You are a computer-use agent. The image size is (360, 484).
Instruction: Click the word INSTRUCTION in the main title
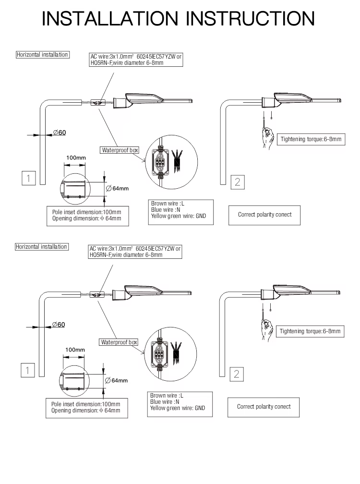pyautogui.click(x=250, y=19)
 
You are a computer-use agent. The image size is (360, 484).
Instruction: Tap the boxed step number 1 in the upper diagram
pyautogui.click(x=29, y=178)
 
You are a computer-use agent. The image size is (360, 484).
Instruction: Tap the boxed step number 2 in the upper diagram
pyautogui.click(x=238, y=182)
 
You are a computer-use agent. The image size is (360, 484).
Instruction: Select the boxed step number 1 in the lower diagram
pyautogui.click(x=28, y=370)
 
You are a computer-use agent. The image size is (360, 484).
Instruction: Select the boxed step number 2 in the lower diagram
pyautogui.click(x=237, y=374)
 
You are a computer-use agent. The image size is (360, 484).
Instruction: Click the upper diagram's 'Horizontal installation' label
pyautogui.click(x=42, y=55)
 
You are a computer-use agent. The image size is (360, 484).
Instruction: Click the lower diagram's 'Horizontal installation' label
pyautogui.click(x=41, y=247)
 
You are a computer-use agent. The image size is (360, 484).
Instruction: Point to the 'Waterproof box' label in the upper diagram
pyautogui.click(x=120, y=150)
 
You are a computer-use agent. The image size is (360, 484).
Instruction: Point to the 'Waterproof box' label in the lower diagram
pyautogui.click(x=119, y=342)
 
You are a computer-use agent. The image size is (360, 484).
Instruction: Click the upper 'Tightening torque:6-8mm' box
pyautogui.click(x=311, y=139)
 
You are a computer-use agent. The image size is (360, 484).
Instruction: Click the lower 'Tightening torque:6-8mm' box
pyautogui.click(x=310, y=331)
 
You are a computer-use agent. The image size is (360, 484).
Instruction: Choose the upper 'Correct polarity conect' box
pyautogui.click(x=264, y=215)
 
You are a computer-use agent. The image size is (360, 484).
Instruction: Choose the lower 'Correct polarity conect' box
pyautogui.click(x=264, y=407)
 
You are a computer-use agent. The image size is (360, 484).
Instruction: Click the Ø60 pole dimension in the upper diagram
pyautogui.click(x=59, y=133)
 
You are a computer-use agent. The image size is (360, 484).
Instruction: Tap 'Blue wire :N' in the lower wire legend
pyautogui.click(x=165, y=402)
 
